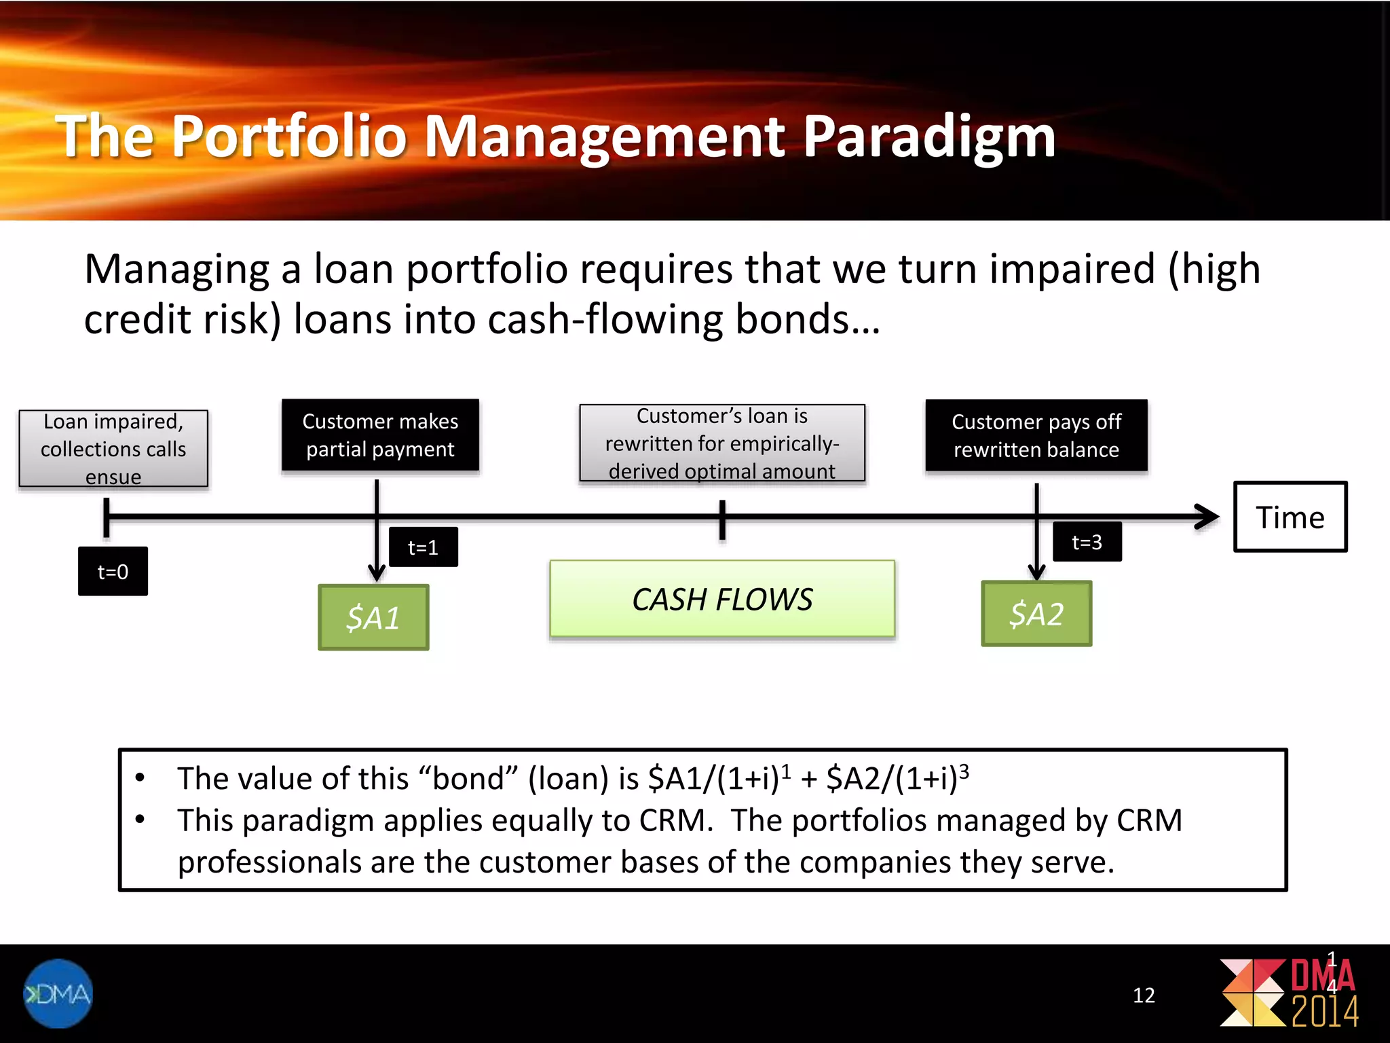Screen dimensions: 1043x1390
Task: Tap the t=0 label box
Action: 113,572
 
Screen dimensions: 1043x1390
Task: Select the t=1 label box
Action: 423,547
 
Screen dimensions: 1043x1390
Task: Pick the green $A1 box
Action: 373,617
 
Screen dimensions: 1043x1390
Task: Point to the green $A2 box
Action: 1036,614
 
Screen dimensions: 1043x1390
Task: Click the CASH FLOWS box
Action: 722,600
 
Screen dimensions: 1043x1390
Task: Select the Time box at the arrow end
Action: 1290,517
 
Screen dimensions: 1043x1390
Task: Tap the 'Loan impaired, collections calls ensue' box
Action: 113,449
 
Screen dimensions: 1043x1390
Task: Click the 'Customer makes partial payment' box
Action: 380,435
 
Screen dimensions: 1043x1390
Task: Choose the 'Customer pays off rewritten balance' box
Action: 1036,436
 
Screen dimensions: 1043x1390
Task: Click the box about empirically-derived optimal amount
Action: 722,443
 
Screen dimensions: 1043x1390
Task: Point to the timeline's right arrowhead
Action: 1208,517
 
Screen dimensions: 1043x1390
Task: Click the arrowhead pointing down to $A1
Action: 377,572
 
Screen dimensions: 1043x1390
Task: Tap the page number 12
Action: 1144,995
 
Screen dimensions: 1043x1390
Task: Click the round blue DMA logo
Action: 58,993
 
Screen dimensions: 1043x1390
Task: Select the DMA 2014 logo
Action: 1290,993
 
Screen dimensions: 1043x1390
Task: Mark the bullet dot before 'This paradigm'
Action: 140,820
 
